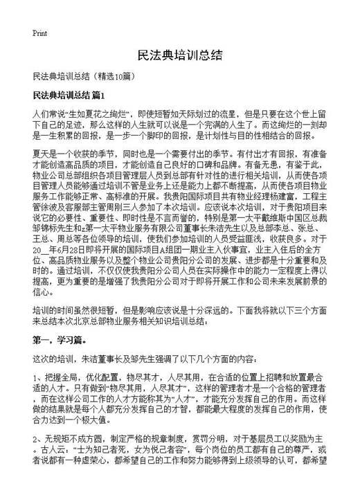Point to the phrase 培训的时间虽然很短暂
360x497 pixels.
click(x=78, y=309)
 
